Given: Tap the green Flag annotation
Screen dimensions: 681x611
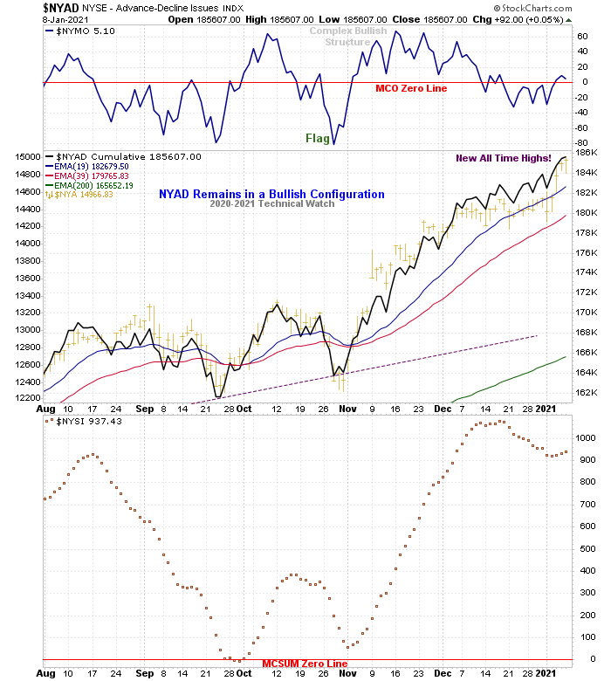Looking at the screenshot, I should point(318,138).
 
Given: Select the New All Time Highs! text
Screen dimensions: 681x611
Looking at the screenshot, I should point(505,158).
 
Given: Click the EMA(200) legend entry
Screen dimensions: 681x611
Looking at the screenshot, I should point(91,186).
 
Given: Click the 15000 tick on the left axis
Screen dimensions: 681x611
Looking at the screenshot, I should point(28,157).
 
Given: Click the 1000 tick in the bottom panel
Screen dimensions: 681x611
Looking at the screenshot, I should point(587,437).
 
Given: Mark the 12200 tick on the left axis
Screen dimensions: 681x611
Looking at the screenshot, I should point(28,398).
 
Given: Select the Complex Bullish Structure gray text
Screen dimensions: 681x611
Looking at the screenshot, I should point(347,36).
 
